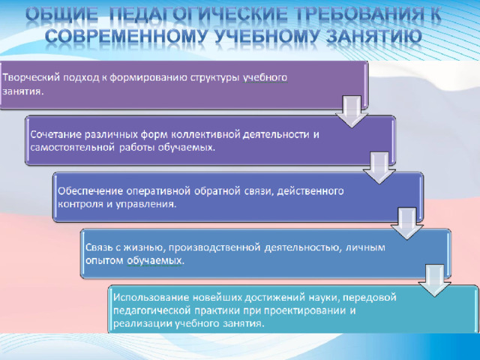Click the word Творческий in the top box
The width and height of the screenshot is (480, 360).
(31, 78)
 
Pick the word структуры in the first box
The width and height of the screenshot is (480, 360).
(215, 78)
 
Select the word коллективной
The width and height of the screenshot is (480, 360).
(205, 134)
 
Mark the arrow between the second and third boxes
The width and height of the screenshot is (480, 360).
(379, 168)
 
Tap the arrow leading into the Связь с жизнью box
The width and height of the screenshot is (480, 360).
(406, 223)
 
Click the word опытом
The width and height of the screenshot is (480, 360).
(104, 260)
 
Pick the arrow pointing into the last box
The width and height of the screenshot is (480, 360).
(434, 280)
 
